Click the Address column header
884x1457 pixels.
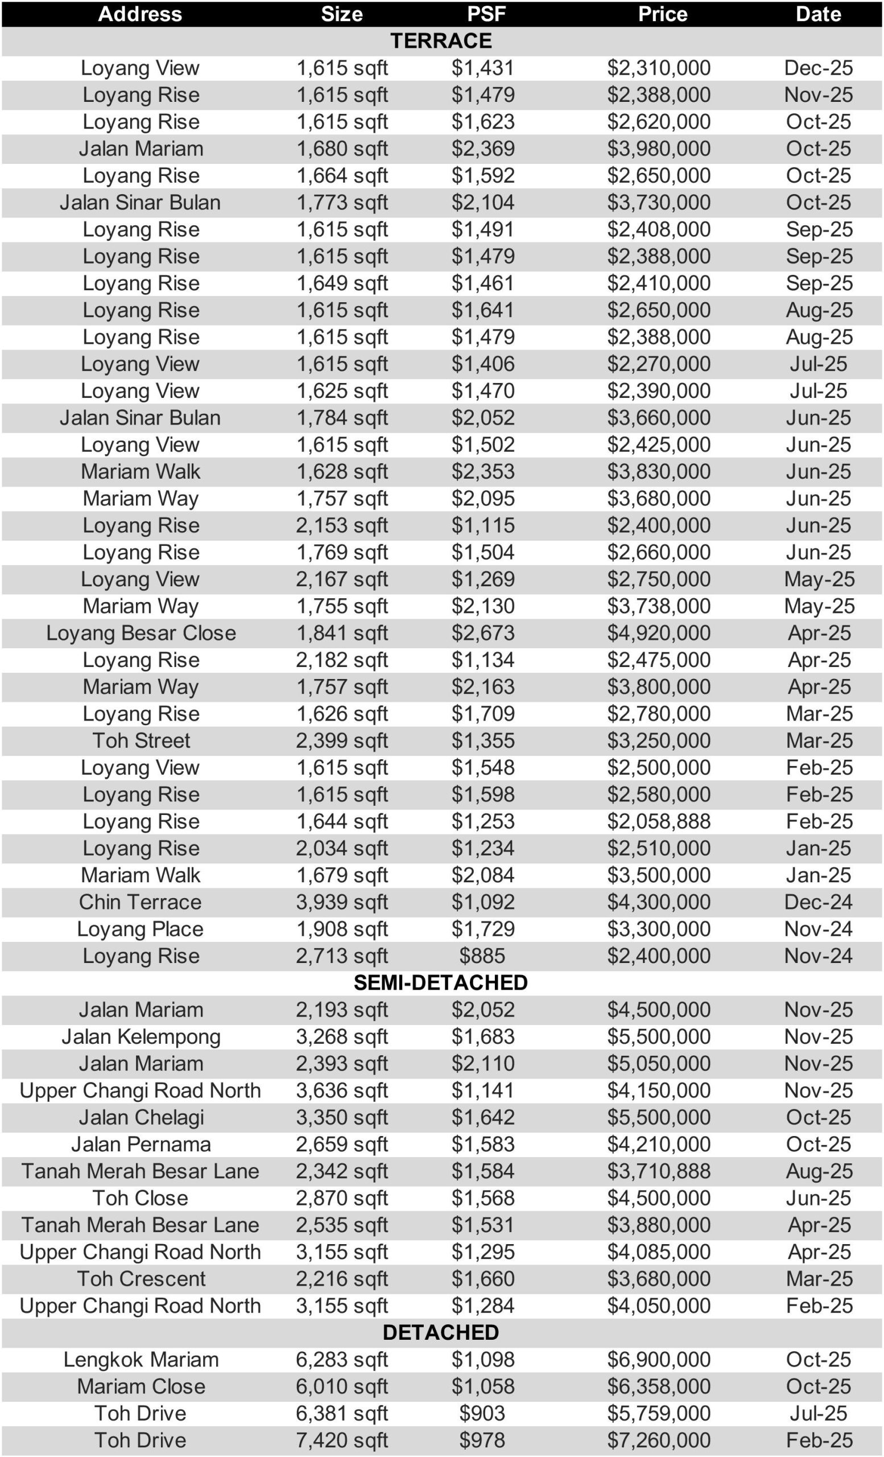(x=140, y=14)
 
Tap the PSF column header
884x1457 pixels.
(x=486, y=14)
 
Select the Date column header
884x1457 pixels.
(x=818, y=14)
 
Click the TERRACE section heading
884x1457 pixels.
(x=441, y=41)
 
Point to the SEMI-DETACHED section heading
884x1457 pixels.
(x=441, y=982)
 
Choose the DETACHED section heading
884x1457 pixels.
(x=441, y=1332)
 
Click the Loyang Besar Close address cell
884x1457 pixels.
(x=141, y=633)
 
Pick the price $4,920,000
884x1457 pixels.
(x=659, y=633)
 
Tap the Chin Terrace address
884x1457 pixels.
(x=141, y=902)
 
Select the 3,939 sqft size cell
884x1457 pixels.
(x=341, y=902)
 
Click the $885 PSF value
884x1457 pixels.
(x=482, y=956)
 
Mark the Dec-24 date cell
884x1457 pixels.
(x=819, y=902)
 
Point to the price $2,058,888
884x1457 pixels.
(x=659, y=821)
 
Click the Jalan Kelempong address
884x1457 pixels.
(x=141, y=1036)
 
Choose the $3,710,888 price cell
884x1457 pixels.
(x=659, y=1171)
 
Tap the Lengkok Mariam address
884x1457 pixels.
(x=141, y=1360)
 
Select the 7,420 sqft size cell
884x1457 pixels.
(x=341, y=1440)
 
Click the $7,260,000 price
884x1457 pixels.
(x=659, y=1440)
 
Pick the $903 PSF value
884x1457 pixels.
(x=482, y=1413)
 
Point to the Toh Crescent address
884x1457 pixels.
(x=141, y=1278)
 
